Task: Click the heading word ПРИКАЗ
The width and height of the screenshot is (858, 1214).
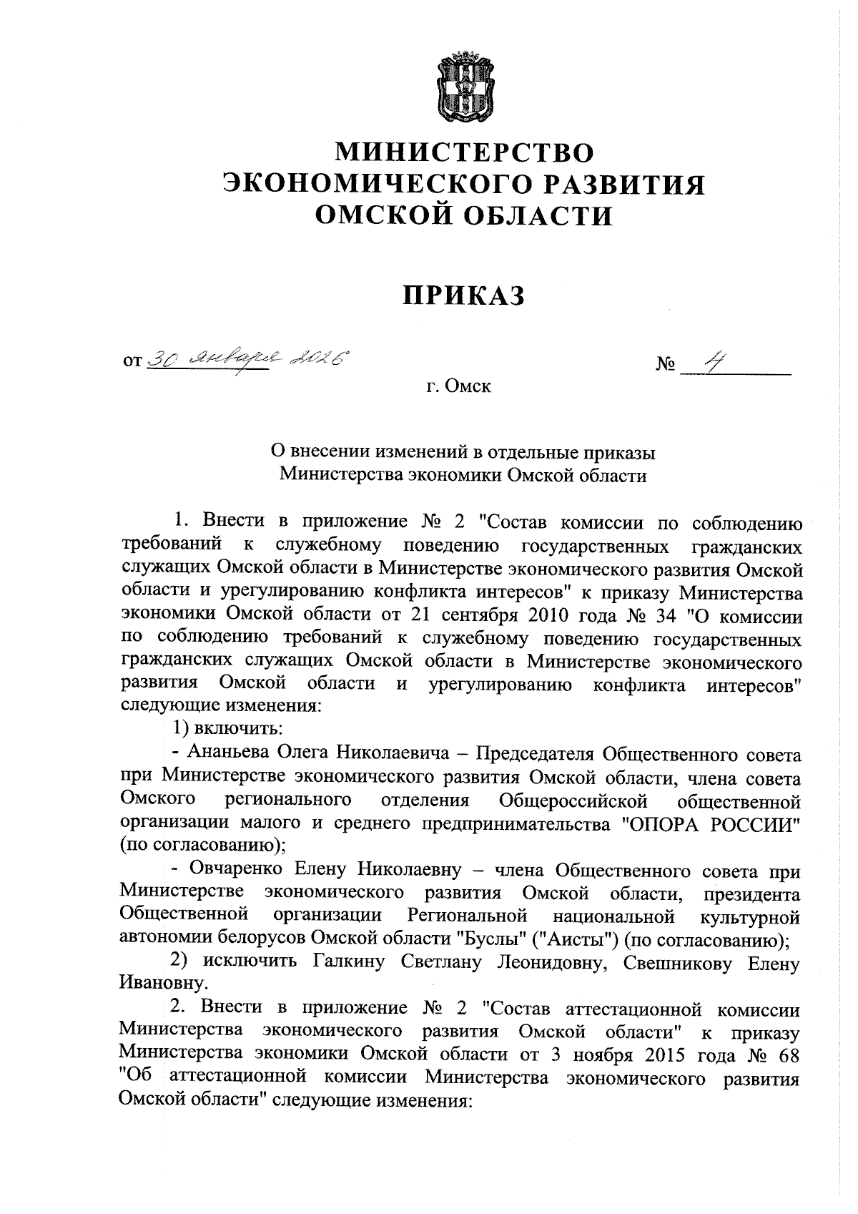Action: [x=464, y=295]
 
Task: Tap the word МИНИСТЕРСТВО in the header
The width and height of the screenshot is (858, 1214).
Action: [x=465, y=152]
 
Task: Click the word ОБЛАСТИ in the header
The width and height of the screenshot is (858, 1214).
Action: [x=537, y=215]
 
